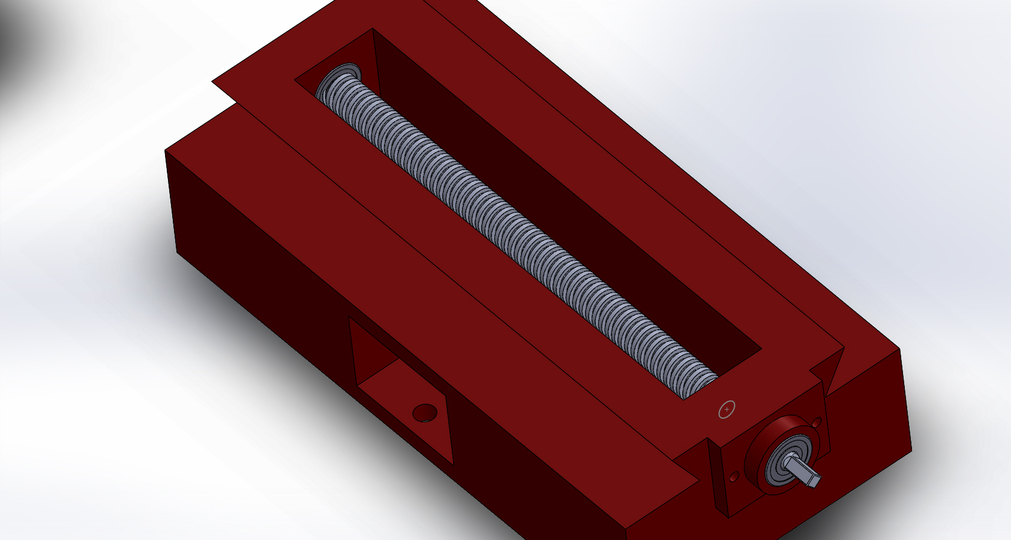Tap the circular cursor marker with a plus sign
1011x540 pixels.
pyautogui.click(x=727, y=410)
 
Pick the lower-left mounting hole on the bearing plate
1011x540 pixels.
pyautogui.click(x=734, y=477)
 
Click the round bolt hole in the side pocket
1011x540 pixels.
pyautogui.click(x=425, y=413)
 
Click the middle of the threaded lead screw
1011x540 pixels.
pyautogui.click(x=516, y=234)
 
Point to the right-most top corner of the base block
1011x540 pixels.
pyautogui.click(x=901, y=349)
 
